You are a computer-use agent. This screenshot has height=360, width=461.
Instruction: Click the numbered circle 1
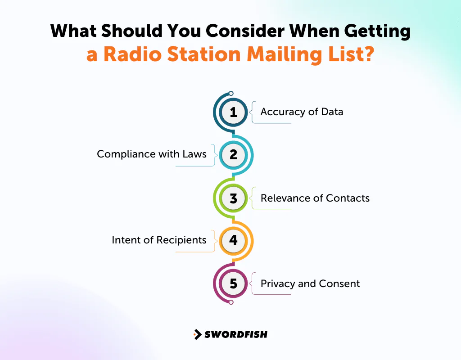pos(233,112)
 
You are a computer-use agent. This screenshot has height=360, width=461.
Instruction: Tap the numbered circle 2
pos(233,155)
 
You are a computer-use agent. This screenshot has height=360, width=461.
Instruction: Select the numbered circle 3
pos(233,198)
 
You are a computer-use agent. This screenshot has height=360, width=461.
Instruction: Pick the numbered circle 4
pos(233,240)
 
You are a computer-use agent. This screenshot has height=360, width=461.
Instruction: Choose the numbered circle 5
pos(233,283)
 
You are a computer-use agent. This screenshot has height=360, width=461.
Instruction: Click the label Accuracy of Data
pos(302,112)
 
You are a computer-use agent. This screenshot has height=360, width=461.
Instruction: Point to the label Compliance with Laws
pos(152,154)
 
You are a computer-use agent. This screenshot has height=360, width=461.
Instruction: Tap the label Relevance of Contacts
pos(315,198)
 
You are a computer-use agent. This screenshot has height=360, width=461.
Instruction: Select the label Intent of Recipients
pos(159,240)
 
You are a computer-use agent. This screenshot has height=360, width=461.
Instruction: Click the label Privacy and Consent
pos(310,284)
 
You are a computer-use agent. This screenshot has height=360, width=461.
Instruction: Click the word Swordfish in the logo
pos(235,334)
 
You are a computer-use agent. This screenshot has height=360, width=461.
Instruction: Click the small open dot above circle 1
pos(231,94)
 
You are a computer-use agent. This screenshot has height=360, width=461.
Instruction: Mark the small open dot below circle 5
pos(231,302)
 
